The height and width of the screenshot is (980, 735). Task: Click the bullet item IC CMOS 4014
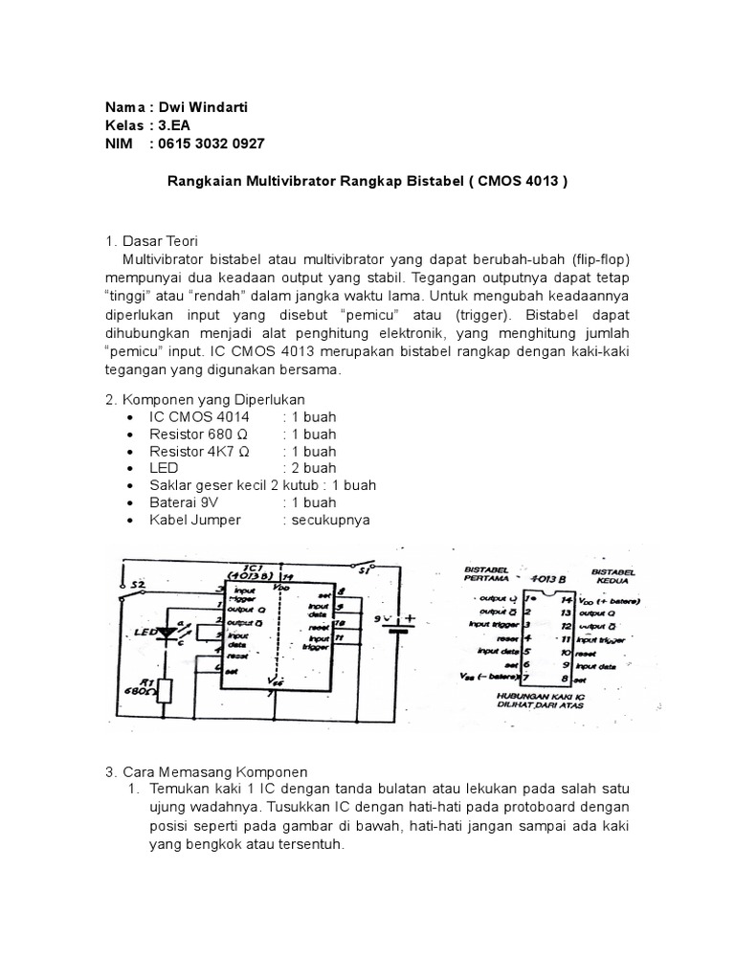pos(199,417)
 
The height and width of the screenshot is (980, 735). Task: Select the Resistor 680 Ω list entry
pos(199,434)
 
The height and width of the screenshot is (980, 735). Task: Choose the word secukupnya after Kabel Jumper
pos(325,520)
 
